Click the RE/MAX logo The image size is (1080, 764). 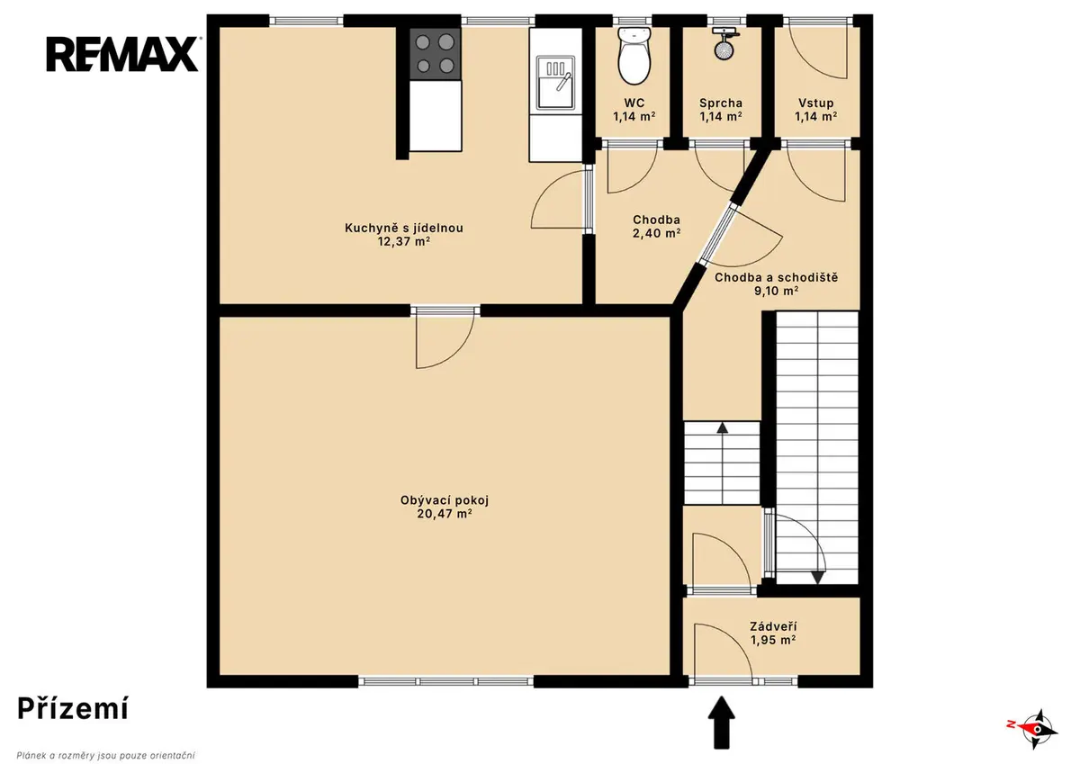[x=123, y=54]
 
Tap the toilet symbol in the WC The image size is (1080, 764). [x=634, y=55]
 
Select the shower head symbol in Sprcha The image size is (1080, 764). [x=723, y=43]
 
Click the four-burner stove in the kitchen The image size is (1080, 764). [x=435, y=53]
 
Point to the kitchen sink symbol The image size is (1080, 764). [x=556, y=82]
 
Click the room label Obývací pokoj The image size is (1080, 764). [x=445, y=501]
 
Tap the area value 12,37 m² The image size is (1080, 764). [x=403, y=241]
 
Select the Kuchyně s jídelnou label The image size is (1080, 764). [x=403, y=228]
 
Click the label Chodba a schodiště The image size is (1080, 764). [x=776, y=278]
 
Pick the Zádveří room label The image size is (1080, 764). [x=773, y=626]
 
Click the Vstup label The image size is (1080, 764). [x=815, y=103]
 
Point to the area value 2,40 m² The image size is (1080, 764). [x=657, y=233]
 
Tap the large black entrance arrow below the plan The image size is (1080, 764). [x=721, y=722]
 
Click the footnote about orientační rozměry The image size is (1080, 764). [x=106, y=755]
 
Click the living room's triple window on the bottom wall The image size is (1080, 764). [x=446, y=681]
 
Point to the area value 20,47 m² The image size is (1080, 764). [x=445, y=514]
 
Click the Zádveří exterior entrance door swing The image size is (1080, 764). [x=723, y=651]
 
